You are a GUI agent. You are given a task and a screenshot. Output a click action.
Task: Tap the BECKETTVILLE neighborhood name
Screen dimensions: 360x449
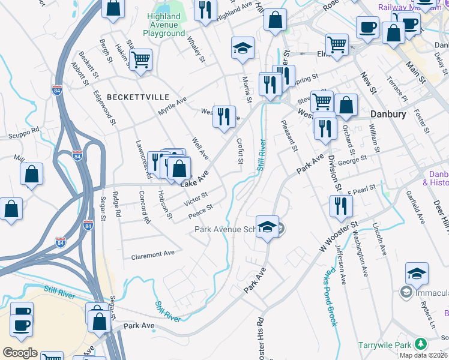pyautogui.click(x=130, y=97)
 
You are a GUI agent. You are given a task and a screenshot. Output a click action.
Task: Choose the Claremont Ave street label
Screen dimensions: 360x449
pyautogui.click(x=152, y=254)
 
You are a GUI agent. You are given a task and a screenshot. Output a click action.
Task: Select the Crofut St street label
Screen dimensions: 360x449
pyautogui.click(x=240, y=151)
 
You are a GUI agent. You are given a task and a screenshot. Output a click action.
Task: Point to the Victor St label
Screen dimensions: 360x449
pyautogui.click(x=196, y=197)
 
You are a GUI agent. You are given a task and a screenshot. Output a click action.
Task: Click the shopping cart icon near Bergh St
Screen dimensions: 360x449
pyautogui.click(x=140, y=59)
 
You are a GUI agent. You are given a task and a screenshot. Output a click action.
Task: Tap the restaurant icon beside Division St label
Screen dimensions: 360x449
pyautogui.click(x=341, y=206)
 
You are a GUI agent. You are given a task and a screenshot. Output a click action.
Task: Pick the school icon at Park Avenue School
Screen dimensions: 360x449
pyautogui.click(x=267, y=227)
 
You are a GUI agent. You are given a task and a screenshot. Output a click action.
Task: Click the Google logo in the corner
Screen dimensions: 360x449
pyautogui.click(x=20, y=353)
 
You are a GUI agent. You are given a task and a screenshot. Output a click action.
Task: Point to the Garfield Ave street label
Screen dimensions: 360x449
pyautogui.click(x=415, y=208)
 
